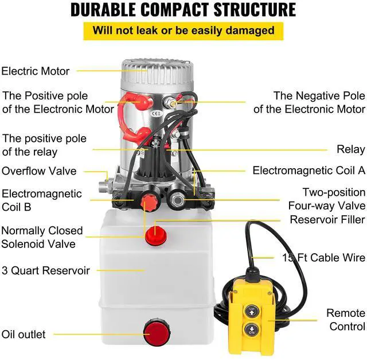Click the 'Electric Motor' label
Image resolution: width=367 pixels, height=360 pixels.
pos(36,71)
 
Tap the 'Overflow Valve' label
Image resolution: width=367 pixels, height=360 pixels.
pos(39,171)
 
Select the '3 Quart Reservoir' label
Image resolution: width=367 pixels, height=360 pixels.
pos(46,269)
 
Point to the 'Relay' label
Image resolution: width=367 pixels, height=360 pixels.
pos(350,149)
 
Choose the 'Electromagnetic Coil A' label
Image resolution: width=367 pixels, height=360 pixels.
pos(309,171)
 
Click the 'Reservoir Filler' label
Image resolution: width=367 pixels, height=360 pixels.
pos(327,219)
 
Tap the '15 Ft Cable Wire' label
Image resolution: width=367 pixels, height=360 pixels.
pos(323,257)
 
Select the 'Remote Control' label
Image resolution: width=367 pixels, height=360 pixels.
pos(346,319)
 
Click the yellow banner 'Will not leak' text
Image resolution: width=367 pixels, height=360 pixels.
pos(183,30)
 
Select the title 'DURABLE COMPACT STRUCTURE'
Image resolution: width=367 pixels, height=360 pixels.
pos(183,10)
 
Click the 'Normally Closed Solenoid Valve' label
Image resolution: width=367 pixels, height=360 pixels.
pos(42,237)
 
